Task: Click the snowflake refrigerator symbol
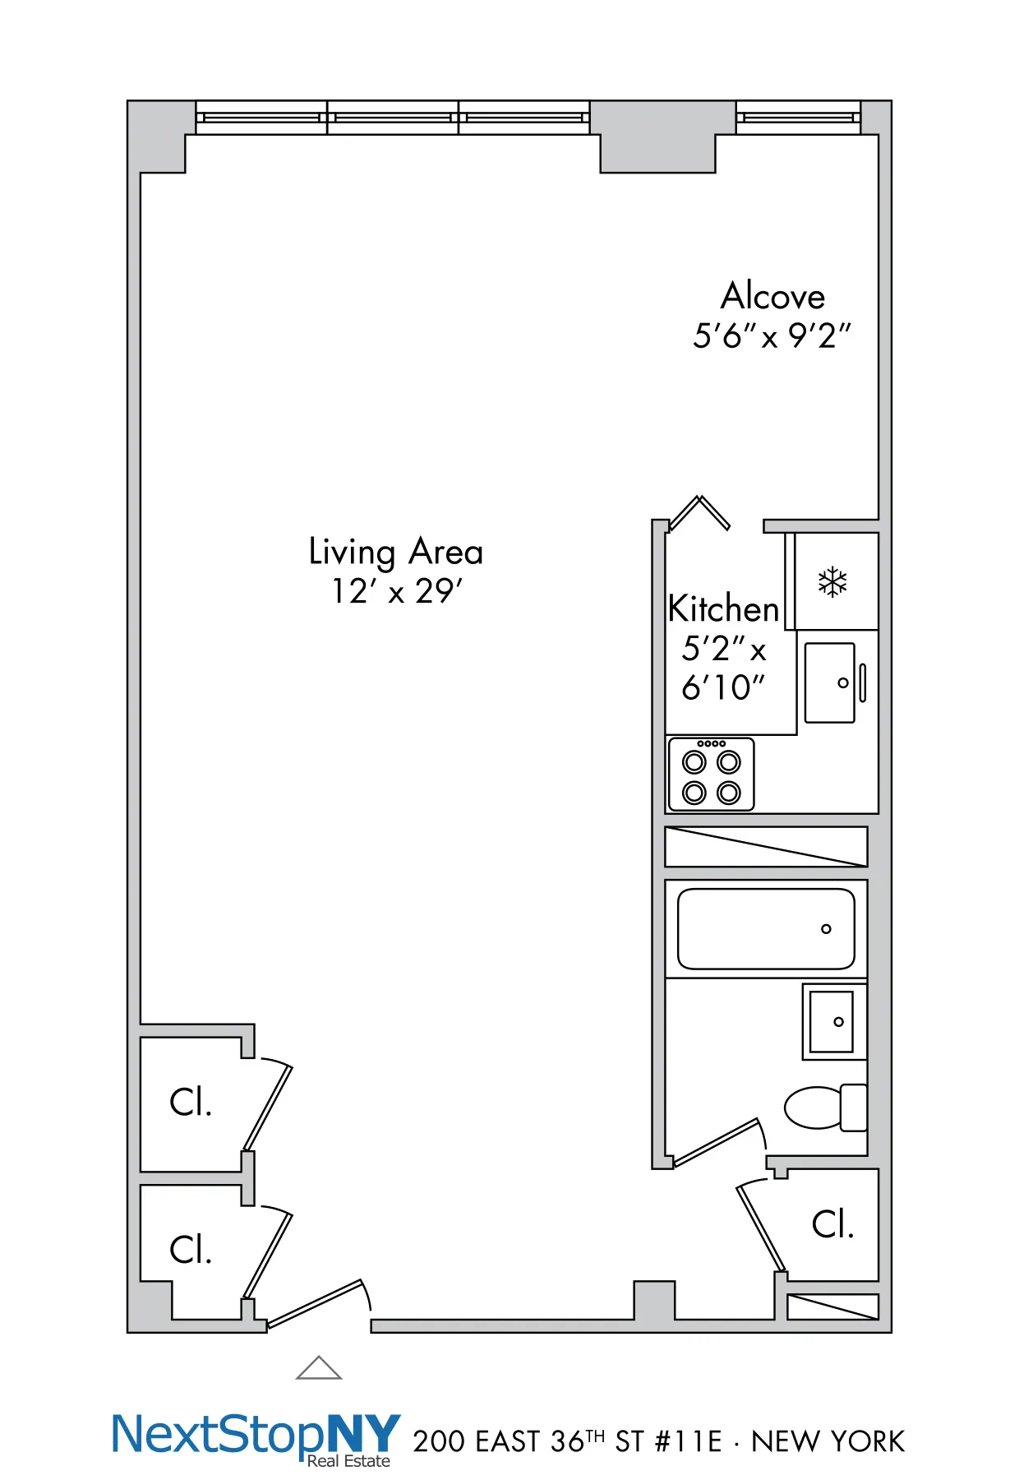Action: pos(832,582)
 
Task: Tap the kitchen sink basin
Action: pos(829,682)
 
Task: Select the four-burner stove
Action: pos(711,775)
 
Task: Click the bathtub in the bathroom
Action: pos(766,928)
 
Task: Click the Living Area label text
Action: pos(395,551)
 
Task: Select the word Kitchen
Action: pos(723,609)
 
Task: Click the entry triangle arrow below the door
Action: pos(319,1368)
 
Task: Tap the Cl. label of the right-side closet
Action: pos(832,1224)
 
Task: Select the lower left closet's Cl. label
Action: pos(191,1250)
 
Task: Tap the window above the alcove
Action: pos(798,118)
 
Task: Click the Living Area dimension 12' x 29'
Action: pos(397,591)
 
